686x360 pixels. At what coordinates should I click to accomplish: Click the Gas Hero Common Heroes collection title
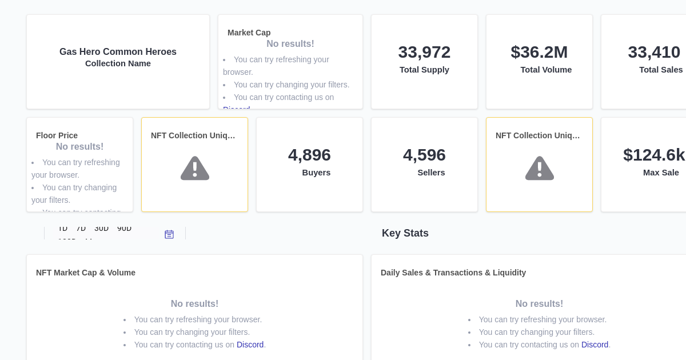pyautogui.click(x=118, y=52)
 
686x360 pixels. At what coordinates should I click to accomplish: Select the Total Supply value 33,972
pyautogui.click(x=424, y=52)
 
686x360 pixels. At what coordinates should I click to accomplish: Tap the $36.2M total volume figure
pyautogui.click(x=539, y=52)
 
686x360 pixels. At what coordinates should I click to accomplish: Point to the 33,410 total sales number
pyautogui.click(x=654, y=52)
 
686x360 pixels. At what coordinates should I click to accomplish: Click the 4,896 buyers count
pyautogui.click(x=309, y=155)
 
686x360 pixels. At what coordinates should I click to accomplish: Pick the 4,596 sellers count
pyautogui.click(x=424, y=155)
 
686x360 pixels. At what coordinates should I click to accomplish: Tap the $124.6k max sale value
pyautogui.click(x=654, y=155)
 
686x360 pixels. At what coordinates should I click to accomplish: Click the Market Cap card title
pyautogui.click(x=249, y=33)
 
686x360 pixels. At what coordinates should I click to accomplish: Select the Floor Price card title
pyautogui.click(x=57, y=135)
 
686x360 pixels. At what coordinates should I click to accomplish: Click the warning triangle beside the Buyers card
pyautogui.click(x=195, y=169)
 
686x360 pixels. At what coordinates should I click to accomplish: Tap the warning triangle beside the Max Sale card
pyautogui.click(x=540, y=169)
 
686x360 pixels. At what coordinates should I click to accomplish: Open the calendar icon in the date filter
pyautogui.click(x=169, y=234)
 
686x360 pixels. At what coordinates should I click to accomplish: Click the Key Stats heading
pyautogui.click(x=405, y=233)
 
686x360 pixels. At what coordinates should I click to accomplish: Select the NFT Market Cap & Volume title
pyautogui.click(x=86, y=273)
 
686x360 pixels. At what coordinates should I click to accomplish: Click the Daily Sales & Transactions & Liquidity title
pyautogui.click(x=453, y=273)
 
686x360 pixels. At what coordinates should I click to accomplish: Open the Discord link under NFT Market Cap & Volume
pyautogui.click(x=250, y=345)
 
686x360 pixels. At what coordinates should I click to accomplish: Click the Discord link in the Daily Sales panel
pyautogui.click(x=595, y=345)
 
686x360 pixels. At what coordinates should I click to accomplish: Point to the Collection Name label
pyautogui.click(x=118, y=63)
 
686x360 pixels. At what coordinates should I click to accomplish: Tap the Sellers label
pyautogui.click(x=431, y=173)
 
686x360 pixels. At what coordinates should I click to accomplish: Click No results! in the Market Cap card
pyautogui.click(x=290, y=44)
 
